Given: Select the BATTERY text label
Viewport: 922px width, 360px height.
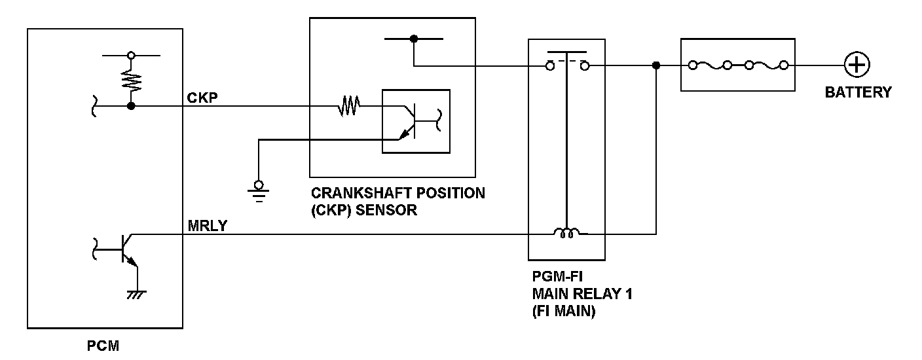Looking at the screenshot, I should pyautogui.click(x=858, y=92).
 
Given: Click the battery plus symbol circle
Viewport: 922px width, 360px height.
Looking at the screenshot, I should pyautogui.click(x=856, y=65).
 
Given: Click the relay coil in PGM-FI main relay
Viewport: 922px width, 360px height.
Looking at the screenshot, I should pyautogui.click(x=567, y=232).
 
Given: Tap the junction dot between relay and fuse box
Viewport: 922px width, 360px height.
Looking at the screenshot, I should pyautogui.click(x=656, y=65).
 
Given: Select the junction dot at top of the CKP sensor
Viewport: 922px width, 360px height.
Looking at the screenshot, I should pyautogui.click(x=413, y=39).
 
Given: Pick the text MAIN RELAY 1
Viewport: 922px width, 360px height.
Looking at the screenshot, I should pyautogui.click(x=582, y=294).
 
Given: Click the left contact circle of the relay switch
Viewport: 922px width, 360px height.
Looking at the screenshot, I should pyautogui.click(x=550, y=65).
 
